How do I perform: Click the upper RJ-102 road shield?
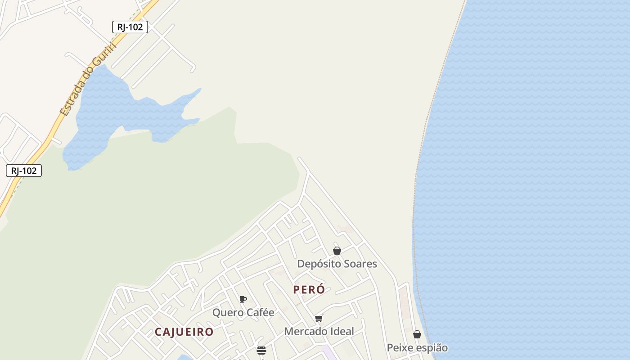tap(130, 27)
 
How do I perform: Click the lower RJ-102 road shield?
tap(24, 171)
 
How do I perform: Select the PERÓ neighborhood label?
tap(309, 290)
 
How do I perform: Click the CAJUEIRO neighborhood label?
tap(184, 332)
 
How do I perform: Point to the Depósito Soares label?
tap(337, 264)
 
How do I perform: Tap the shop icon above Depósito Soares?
tap(337, 251)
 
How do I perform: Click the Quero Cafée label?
tap(243, 312)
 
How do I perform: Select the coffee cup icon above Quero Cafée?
tap(243, 300)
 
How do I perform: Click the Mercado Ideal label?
tap(319, 332)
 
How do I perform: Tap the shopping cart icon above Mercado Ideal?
tap(319, 319)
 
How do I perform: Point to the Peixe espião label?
tap(417, 348)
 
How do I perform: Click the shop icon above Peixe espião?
tap(417, 334)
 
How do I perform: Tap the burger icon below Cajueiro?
tap(261, 351)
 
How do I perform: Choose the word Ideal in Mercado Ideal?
tap(342, 332)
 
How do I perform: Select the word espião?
tap(432, 348)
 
